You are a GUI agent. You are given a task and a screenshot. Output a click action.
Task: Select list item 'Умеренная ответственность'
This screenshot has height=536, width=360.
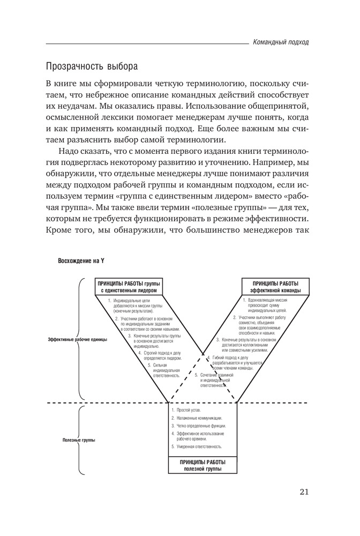coord(198,446)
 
